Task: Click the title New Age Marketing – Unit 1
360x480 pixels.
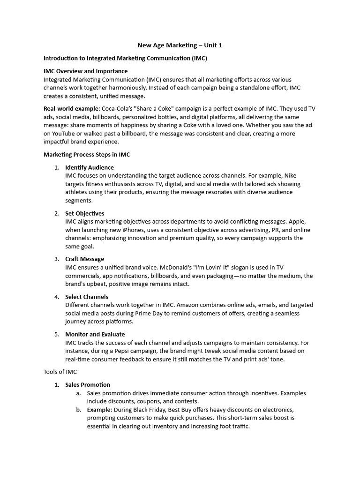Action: [180, 45]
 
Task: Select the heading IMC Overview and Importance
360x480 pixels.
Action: [85, 71]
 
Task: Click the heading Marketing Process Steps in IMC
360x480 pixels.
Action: [90, 154]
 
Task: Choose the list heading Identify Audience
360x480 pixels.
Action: [89, 167]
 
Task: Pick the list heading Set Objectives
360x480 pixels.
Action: [84, 213]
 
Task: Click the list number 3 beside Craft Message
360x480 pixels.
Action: [56, 259]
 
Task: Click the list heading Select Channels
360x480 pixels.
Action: [86, 297]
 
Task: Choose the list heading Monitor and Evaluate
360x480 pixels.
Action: [95, 334]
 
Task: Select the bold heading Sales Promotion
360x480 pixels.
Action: [88, 385]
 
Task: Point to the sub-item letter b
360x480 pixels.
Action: [78, 410]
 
